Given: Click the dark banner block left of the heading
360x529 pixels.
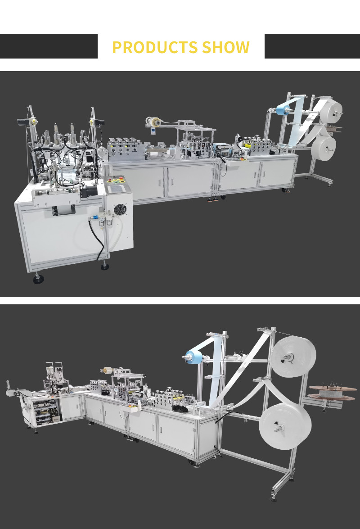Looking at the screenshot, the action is point(49,46).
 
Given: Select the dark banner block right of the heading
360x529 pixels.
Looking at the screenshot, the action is point(312,46).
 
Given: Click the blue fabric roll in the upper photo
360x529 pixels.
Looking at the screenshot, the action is point(283,110).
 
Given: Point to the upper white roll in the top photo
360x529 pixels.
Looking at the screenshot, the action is point(332,110).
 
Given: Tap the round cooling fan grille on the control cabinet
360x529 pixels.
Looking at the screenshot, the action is point(120,210).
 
